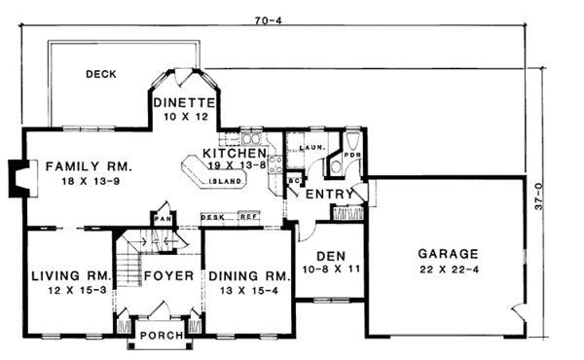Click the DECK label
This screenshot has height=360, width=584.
coord(101,73)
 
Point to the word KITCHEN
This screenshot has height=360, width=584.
coord(234,154)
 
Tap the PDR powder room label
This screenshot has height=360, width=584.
coord(352,154)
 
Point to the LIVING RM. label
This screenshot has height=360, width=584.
coord(67,275)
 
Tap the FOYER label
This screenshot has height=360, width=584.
coord(169,275)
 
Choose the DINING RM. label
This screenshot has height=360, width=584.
coord(246,275)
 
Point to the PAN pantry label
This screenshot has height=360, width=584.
coord(162,220)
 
